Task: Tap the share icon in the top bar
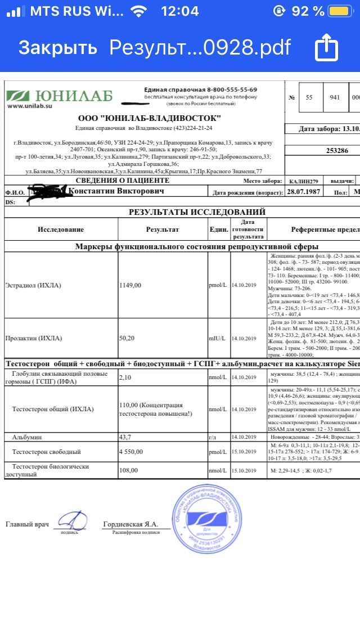click(326, 48)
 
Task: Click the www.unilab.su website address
click(30, 106)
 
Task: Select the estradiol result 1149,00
click(130, 285)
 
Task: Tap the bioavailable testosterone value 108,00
click(129, 466)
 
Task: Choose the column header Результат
click(163, 229)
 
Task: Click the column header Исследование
click(61, 229)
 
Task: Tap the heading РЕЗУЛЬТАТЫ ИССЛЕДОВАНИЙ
click(197, 212)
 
